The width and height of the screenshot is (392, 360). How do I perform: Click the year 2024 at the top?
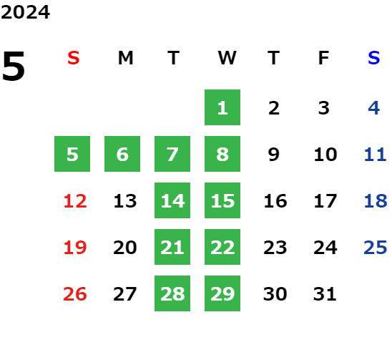click(25, 12)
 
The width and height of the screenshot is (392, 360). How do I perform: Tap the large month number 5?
click(14, 66)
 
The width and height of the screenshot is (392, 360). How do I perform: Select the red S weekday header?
click(74, 58)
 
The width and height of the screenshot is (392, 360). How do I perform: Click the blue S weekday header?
click(373, 58)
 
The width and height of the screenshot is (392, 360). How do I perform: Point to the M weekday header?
click(125, 58)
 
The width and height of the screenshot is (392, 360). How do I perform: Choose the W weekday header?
click(227, 58)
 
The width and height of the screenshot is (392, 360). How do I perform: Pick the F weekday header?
click(324, 58)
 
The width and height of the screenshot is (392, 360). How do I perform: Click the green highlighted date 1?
click(222, 107)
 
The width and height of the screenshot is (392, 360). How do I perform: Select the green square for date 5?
click(72, 154)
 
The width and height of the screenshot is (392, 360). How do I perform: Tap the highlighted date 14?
click(172, 200)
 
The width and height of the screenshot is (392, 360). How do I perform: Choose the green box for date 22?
click(222, 247)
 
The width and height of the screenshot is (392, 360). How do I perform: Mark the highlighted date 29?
click(222, 293)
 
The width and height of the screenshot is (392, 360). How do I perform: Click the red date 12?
click(75, 201)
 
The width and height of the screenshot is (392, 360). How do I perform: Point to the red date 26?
click(75, 294)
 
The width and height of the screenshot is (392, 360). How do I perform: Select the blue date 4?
click(374, 108)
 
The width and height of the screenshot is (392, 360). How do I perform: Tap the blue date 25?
click(376, 248)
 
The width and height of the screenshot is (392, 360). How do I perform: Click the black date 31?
click(325, 294)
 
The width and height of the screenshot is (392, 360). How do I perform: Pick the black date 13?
click(125, 201)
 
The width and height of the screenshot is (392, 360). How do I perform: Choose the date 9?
click(274, 155)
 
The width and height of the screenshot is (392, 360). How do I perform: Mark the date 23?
click(275, 248)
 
